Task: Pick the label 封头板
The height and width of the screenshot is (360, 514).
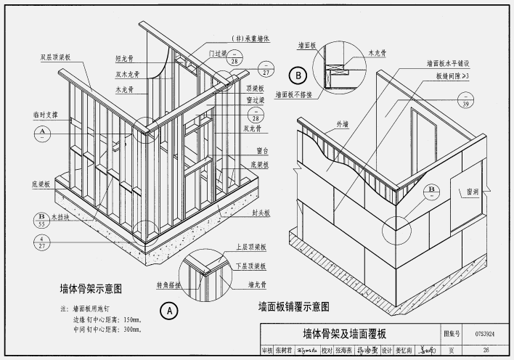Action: point(262,213)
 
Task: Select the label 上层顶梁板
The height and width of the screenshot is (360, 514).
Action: point(248,247)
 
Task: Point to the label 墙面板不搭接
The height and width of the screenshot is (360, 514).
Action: point(294,94)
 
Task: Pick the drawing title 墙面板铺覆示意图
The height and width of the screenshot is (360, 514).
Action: point(294,306)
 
